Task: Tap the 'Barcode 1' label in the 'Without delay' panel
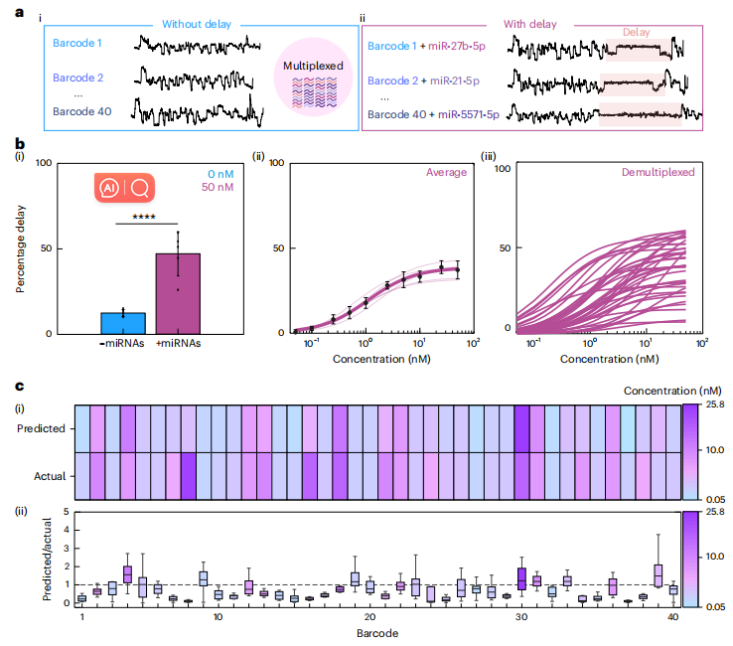pyautogui.click(x=80, y=45)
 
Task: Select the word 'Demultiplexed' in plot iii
pyautogui.click(x=658, y=173)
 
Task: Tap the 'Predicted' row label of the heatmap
pyautogui.click(x=42, y=428)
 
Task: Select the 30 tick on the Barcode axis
pyautogui.click(x=520, y=617)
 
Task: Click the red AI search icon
pyautogui.click(x=124, y=188)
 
